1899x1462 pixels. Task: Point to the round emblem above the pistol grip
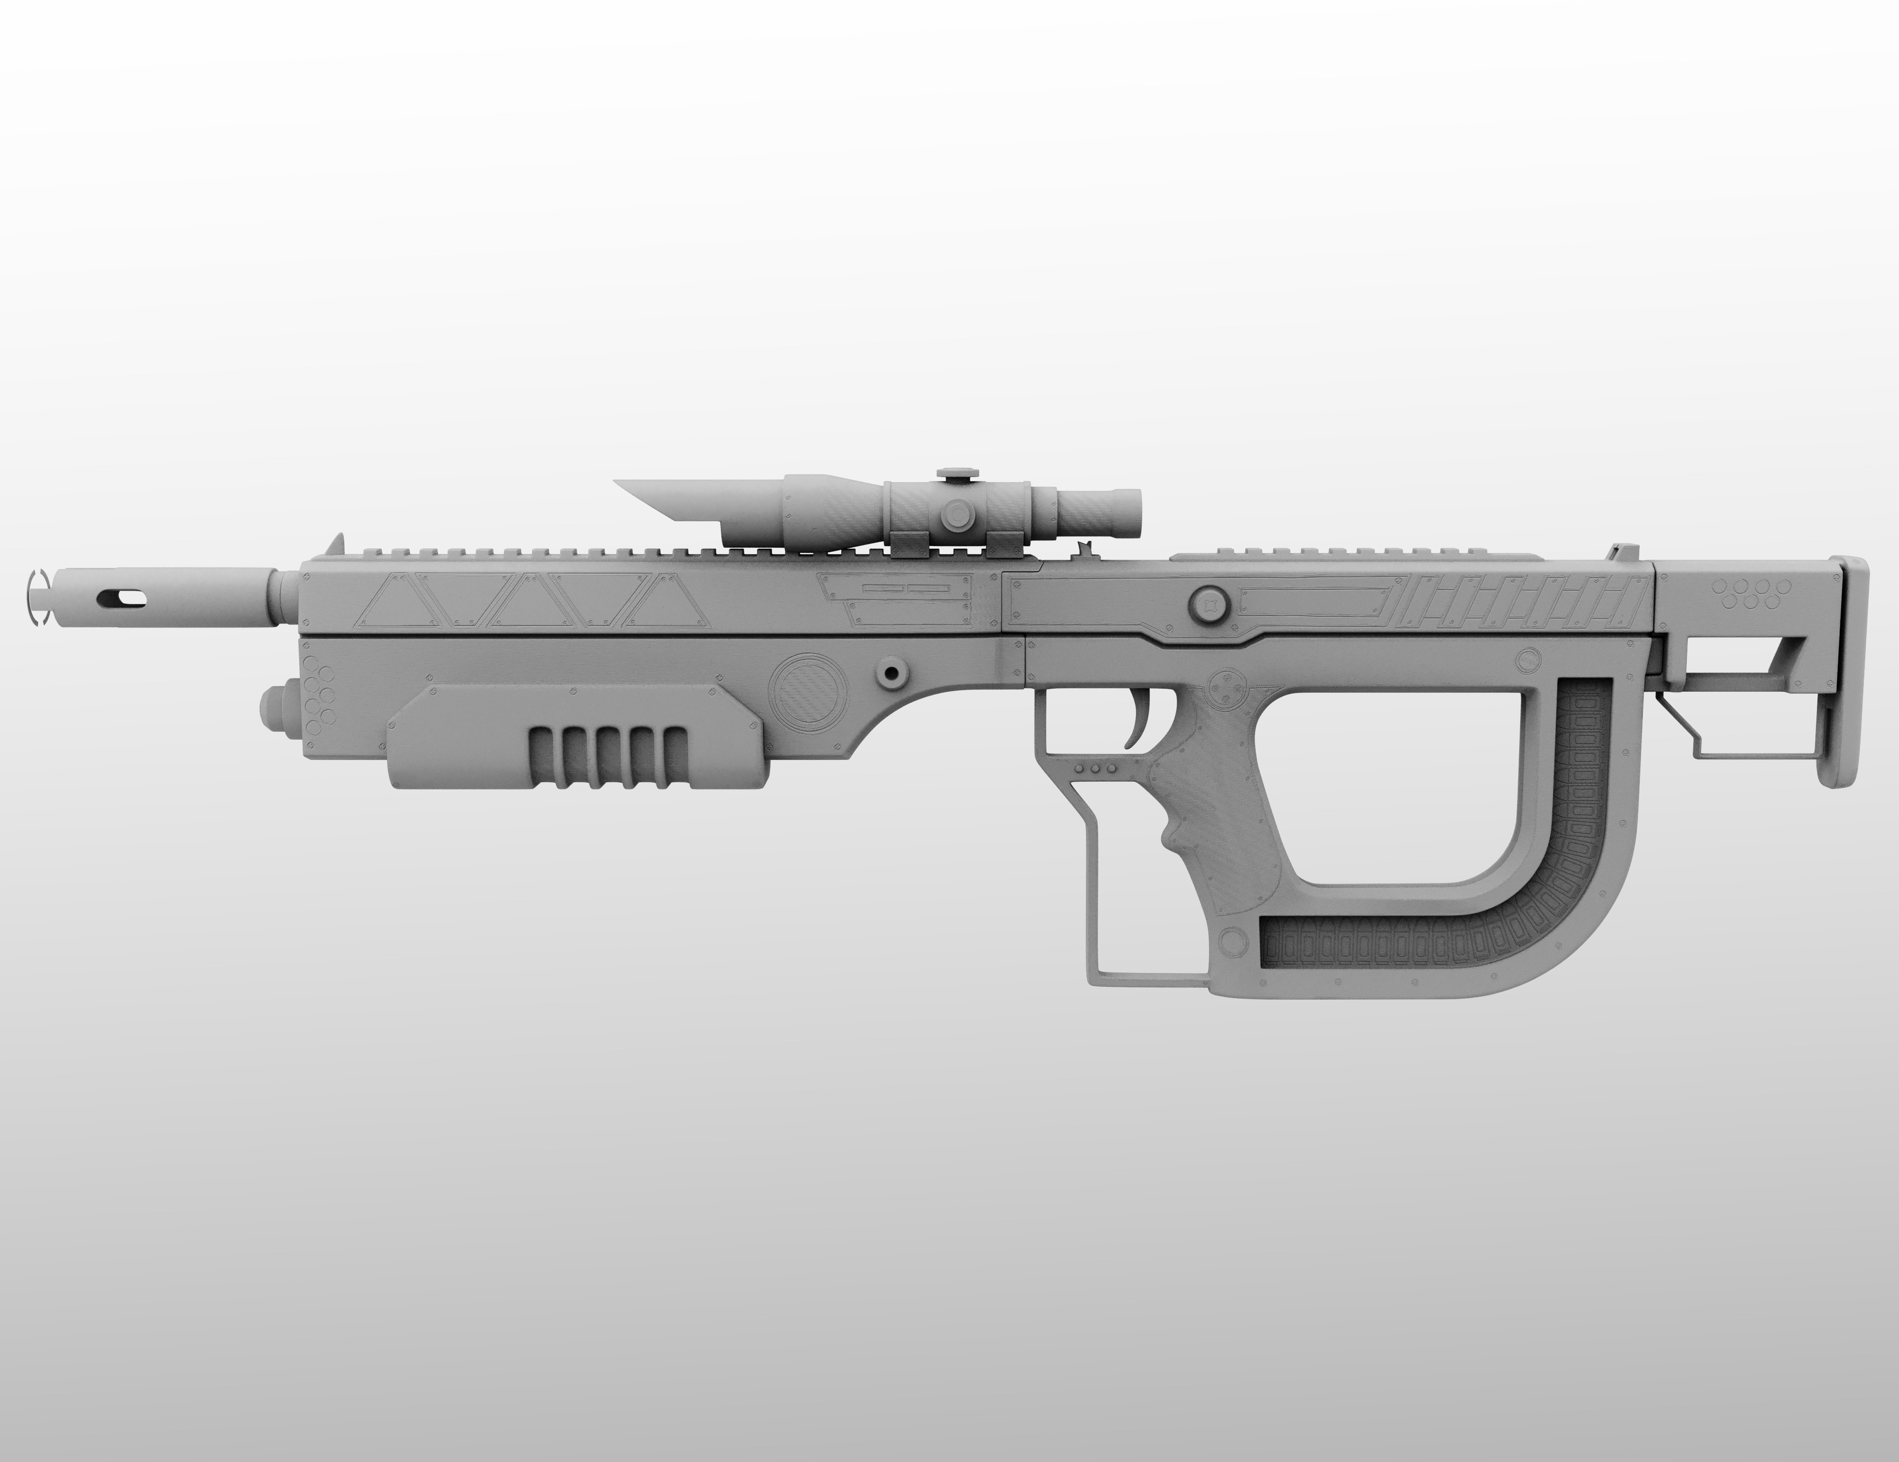(1228, 687)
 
